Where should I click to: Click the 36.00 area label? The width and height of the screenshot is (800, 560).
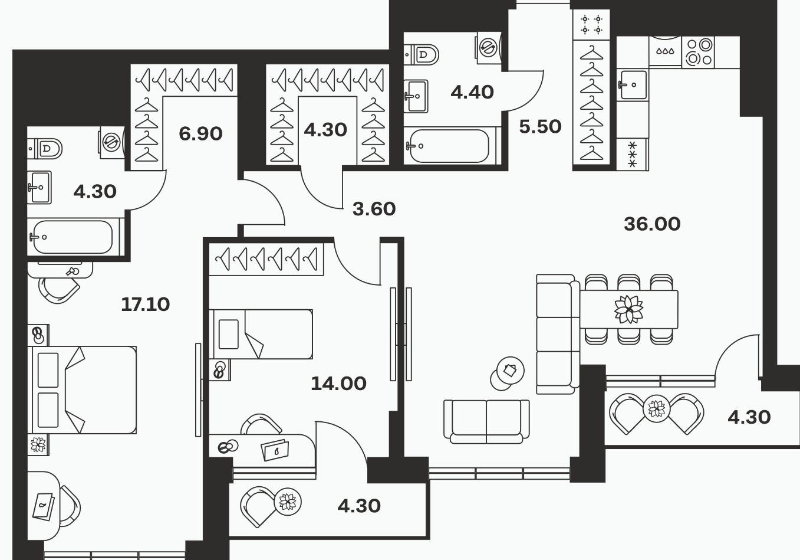[x=652, y=224]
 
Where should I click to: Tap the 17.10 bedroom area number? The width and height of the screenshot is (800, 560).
[x=146, y=304]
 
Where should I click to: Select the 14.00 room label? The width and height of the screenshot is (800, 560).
[x=338, y=384]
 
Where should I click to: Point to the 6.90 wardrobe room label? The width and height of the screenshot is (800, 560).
[x=200, y=134]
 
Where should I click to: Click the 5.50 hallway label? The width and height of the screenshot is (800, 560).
[x=540, y=126]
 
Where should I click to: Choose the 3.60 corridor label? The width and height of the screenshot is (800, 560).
[x=374, y=209]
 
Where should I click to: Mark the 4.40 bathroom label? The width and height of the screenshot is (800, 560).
[x=472, y=92]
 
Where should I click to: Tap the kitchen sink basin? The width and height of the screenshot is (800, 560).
[x=633, y=85]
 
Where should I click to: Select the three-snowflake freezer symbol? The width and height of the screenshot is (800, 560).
[x=632, y=155]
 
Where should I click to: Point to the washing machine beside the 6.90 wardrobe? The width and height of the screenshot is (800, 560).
[x=112, y=142]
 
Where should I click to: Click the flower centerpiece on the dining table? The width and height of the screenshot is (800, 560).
[x=628, y=309]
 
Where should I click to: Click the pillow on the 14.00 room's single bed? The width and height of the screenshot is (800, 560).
[x=229, y=334]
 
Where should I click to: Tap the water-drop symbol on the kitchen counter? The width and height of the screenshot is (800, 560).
[x=665, y=51]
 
